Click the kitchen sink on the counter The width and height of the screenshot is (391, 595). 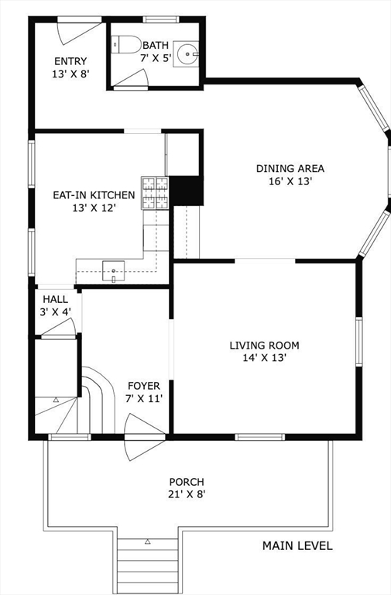click(x=114, y=271)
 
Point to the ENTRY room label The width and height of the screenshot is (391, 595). click(x=70, y=61)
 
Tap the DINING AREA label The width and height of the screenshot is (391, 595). click(x=290, y=168)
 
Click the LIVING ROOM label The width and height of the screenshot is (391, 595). click(x=264, y=346)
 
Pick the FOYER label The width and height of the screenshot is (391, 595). click(x=143, y=386)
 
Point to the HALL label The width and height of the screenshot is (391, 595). click(x=55, y=299)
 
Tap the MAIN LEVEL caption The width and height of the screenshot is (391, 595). click(x=297, y=546)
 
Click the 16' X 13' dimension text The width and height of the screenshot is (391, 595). click(x=290, y=182)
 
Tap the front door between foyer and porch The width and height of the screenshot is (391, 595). click(x=144, y=439)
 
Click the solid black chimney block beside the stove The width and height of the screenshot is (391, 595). click(x=185, y=191)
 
